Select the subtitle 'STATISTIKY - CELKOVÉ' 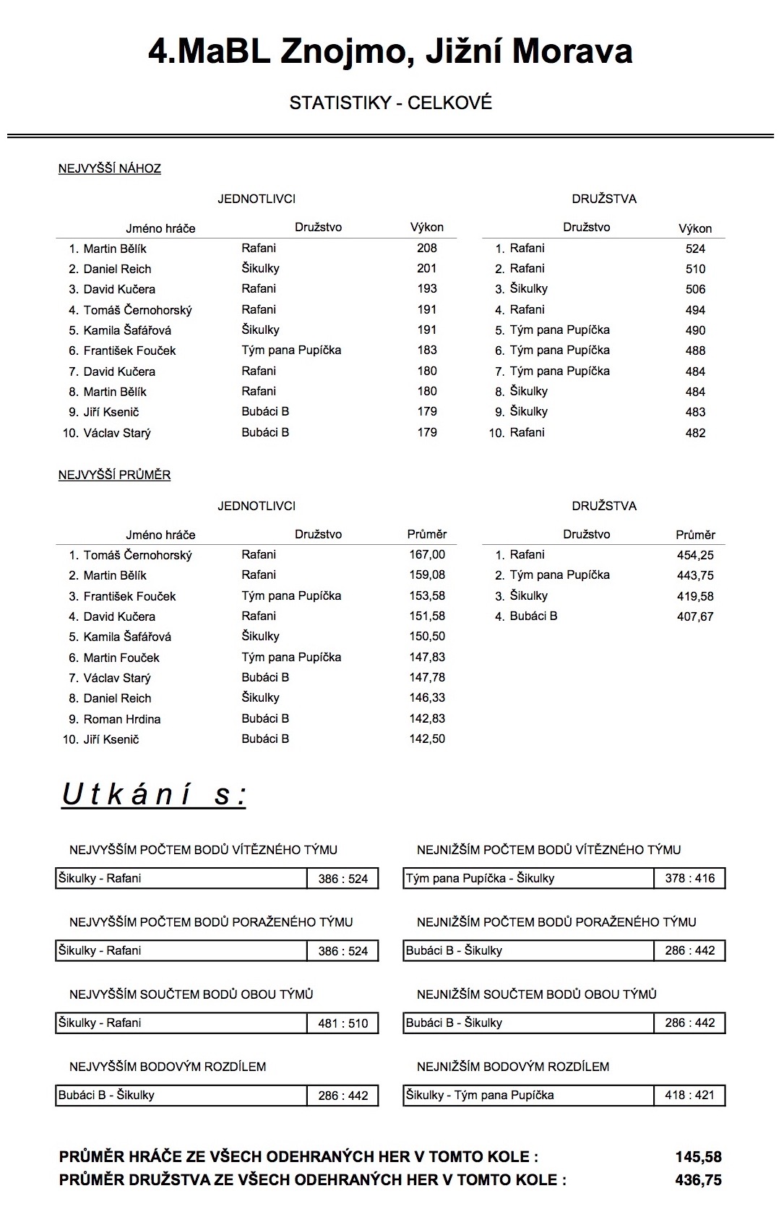coord(390,103)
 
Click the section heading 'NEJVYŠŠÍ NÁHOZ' coord(110,168)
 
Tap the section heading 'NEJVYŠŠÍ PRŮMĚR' coord(114,475)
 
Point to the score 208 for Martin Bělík coord(427,248)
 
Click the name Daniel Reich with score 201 coord(117,269)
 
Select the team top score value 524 coord(695,249)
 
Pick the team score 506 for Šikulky coord(695,289)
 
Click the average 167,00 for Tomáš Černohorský coord(427,554)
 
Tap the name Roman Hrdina coord(121,719)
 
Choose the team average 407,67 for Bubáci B coord(695,616)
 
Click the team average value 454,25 coord(695,555)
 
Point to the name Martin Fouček coord(121,658)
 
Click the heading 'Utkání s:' coord(154,794)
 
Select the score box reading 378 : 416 coord(689,878)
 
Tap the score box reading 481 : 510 coord(343,1023)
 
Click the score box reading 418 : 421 coord(689,1095)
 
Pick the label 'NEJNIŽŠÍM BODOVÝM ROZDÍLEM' coord(513,1066)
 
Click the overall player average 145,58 coord(698,1157)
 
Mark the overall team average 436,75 coord(698,1180)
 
